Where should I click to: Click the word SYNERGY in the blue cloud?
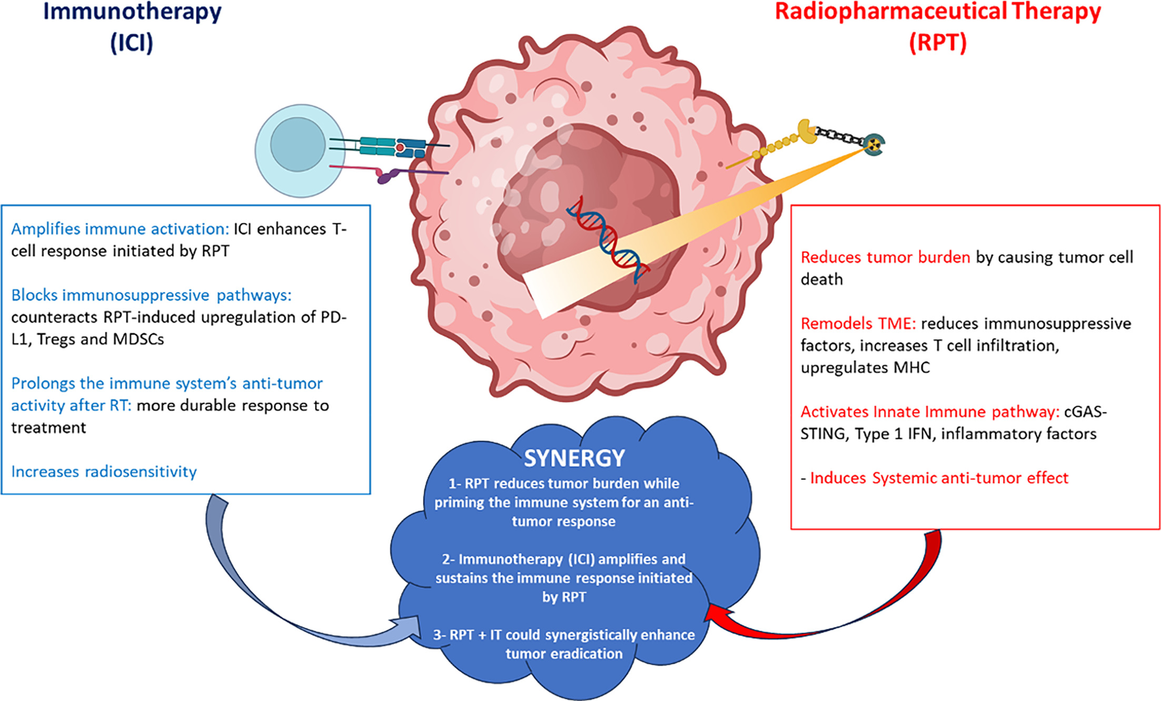(574, 458)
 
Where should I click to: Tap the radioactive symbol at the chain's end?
(874, 144)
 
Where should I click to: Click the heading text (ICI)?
(132, 42)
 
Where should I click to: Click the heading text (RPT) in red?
(938, 42)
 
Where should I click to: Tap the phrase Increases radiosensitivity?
(104, 471)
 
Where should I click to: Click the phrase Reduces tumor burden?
(885, 257)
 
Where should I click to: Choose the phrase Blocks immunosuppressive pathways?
(151, 295)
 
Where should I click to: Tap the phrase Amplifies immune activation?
(120, 229)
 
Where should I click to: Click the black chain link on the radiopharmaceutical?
(839, 136)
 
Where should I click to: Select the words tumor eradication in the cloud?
(564, 654)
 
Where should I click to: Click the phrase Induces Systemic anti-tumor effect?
(939, 478)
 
